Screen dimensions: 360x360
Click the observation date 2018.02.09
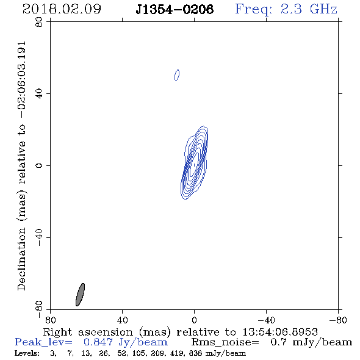62,9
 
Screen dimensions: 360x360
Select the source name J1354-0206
175,9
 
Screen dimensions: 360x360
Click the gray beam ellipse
80,295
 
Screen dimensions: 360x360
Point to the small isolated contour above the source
177,75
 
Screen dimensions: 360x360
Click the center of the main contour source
194,165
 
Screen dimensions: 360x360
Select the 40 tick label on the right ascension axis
122,320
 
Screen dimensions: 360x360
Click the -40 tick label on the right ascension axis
266,320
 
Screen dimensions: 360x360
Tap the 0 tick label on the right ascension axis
194,320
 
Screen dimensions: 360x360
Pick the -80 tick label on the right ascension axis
338,320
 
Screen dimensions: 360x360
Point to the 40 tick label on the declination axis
39,94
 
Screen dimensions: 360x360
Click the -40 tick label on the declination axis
39,237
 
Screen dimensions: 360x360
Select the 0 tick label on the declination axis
39,165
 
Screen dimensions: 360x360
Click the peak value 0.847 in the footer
98,342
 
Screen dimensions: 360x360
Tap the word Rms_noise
225,342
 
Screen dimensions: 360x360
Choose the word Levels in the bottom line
27,353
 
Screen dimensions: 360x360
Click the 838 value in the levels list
195,353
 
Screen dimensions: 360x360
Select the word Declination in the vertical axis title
21,259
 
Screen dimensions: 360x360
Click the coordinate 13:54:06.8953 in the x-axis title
280,332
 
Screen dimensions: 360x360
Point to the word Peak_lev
43,342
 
